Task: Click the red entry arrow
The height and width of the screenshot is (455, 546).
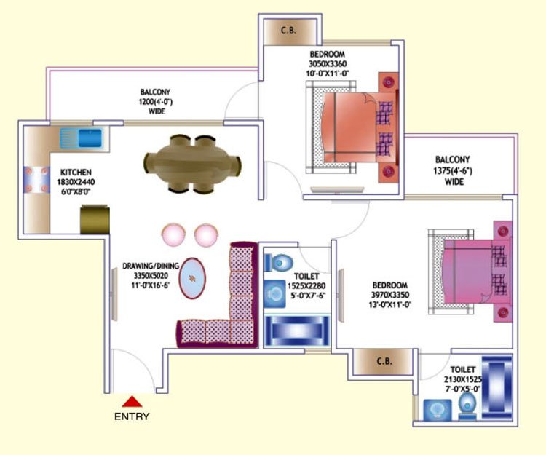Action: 132,401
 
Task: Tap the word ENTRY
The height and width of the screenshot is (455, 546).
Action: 132,416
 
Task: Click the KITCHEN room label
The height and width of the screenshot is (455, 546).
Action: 76,173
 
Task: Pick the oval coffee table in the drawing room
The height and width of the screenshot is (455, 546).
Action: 193,279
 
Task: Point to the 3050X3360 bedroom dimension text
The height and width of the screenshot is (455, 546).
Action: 327,64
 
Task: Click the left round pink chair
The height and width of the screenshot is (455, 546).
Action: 174,234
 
